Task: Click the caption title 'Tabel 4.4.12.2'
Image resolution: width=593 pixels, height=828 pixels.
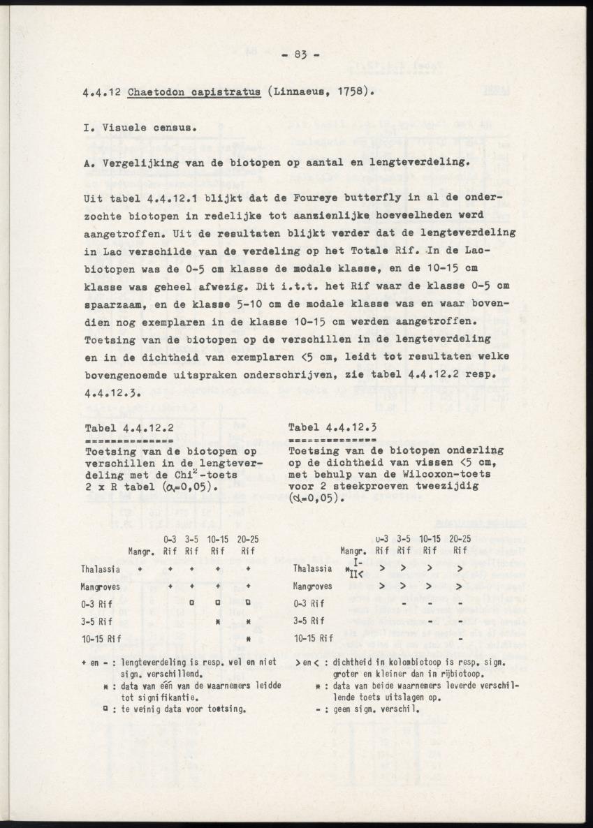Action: pos(129,428)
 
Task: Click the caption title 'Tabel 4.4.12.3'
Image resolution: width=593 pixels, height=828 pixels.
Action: pos(332,428)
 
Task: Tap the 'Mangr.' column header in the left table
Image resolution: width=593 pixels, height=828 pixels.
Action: pos(140,550)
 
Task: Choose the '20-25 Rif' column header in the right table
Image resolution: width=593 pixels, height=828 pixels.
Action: pos(459,544)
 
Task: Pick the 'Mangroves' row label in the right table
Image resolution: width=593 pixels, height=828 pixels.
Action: pos(313,586)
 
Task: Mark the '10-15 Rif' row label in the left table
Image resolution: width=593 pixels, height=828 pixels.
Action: pos(101,638)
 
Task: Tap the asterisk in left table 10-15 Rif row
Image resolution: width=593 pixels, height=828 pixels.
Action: pos(248,638)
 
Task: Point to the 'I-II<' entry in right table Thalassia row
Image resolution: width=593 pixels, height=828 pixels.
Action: pos(356,570)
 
